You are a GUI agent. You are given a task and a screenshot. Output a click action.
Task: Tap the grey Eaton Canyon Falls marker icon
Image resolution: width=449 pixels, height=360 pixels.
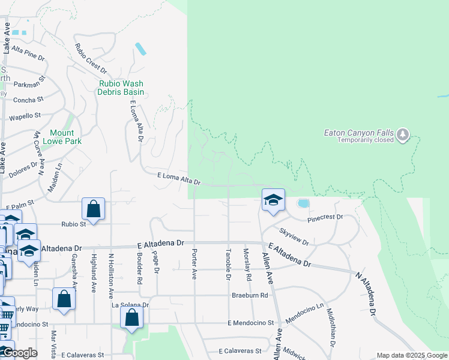(403, 136)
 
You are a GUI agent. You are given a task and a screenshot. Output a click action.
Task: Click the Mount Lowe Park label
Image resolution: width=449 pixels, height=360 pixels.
(62, 137)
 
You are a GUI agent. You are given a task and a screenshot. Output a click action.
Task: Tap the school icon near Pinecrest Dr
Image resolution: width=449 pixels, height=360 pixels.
(273, 200)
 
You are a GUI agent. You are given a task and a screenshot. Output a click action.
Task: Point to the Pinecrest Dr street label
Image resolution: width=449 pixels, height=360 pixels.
(325, 217)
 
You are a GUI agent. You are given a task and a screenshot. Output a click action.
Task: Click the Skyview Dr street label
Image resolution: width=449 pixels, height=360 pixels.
(294, 236)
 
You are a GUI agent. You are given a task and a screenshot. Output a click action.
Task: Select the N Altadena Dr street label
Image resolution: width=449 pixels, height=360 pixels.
(366, 294)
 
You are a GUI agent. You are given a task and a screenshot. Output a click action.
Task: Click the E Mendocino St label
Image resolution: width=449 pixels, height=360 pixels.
(250, 323)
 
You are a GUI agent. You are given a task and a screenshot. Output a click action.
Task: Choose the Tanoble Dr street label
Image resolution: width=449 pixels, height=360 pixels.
(228, 264)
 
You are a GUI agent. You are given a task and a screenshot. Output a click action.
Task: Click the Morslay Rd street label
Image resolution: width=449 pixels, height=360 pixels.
(246, 265)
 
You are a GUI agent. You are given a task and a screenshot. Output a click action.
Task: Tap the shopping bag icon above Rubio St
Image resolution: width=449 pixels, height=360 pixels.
(94, 209)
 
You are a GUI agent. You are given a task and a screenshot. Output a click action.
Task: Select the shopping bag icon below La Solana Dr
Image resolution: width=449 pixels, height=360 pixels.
(132, 317)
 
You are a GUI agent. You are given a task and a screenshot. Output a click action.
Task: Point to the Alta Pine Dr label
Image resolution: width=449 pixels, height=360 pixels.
(28, 53)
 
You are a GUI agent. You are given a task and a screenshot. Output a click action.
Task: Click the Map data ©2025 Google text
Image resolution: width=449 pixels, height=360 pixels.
(411, 355)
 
